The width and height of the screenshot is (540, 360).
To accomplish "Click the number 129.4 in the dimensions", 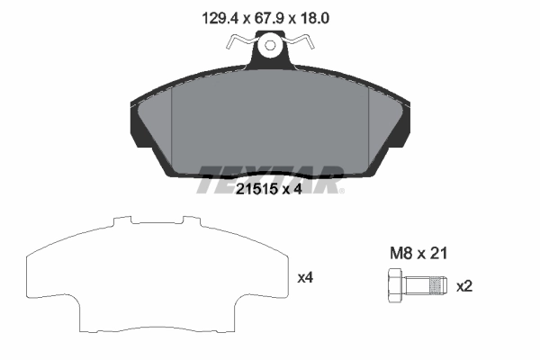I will click(x=215, y=15).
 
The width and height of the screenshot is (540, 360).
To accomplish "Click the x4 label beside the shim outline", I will click(x=304, y=277).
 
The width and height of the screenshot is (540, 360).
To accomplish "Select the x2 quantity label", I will click(x=464, y=286).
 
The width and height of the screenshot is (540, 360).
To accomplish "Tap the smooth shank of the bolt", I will click(x=417, y=287).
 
